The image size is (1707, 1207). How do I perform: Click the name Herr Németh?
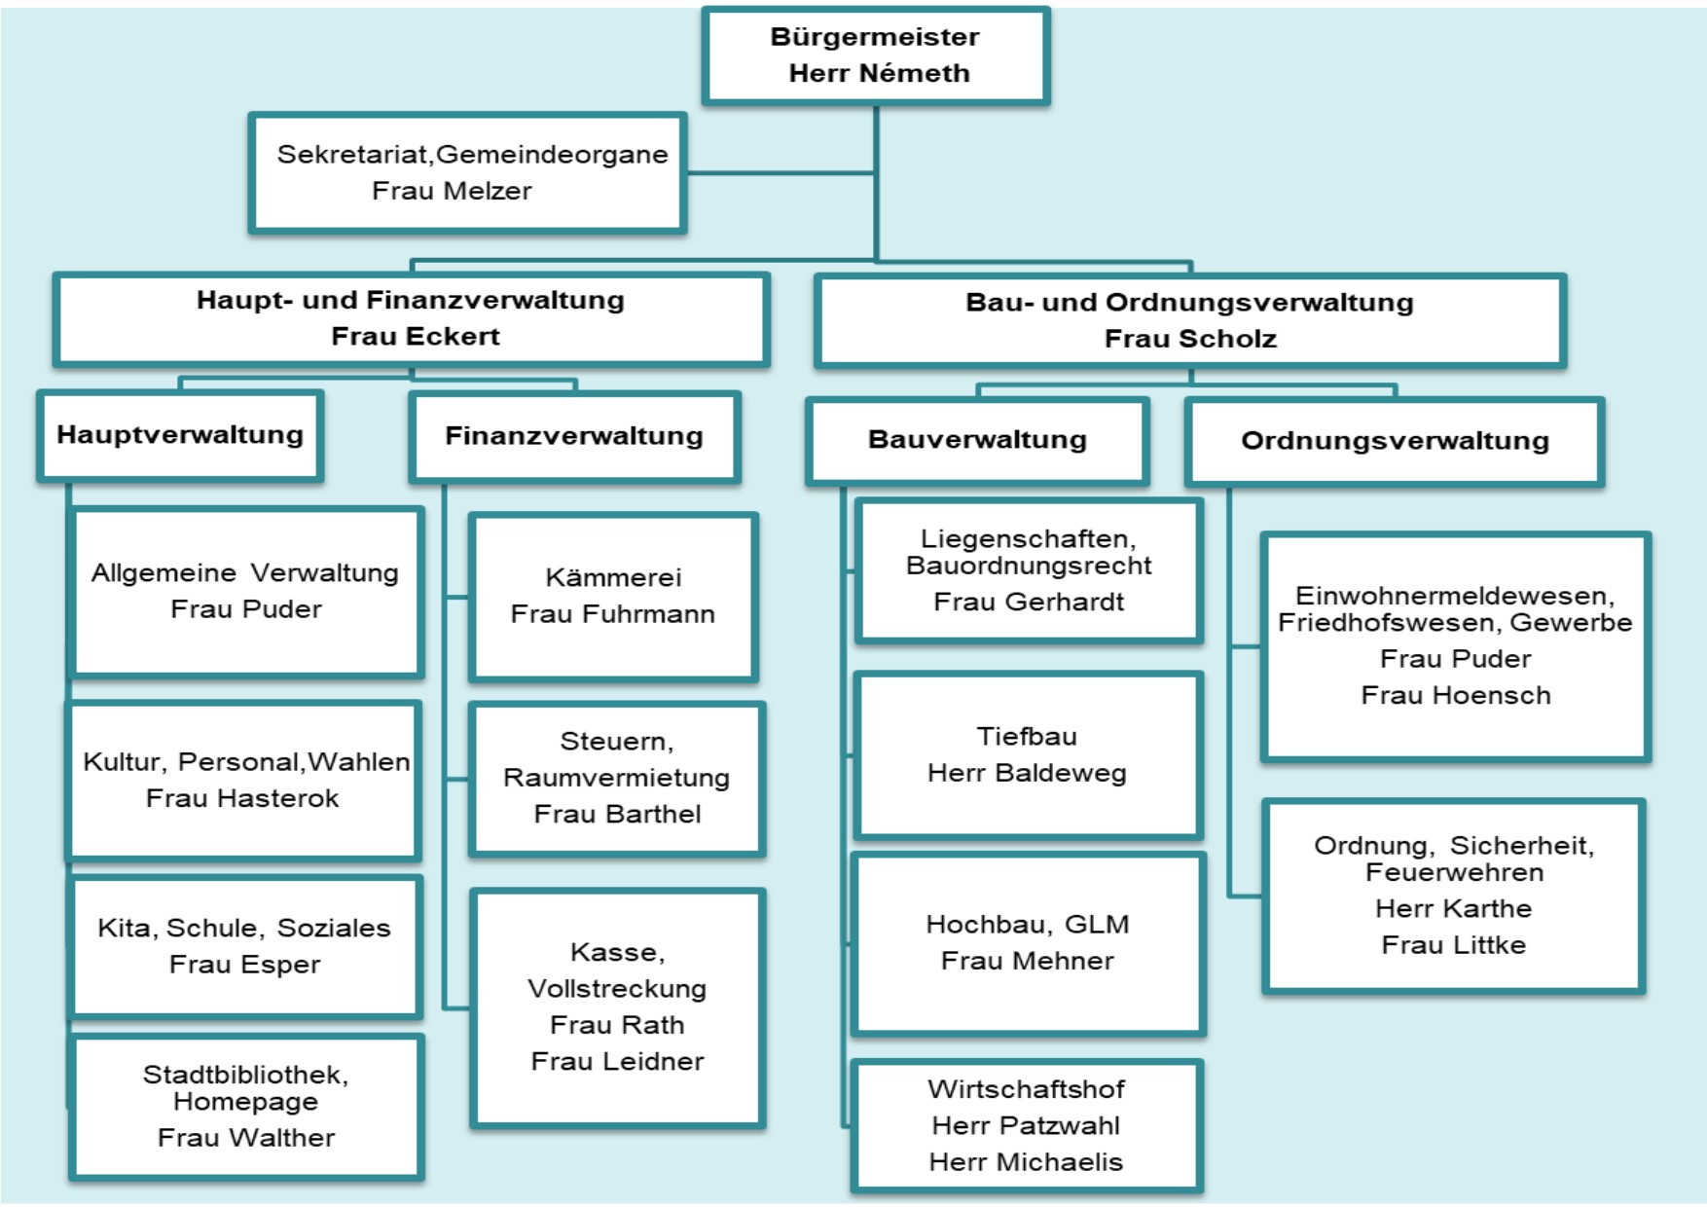tap(879, 74)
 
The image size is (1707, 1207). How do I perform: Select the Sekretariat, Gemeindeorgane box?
tap(468, 173)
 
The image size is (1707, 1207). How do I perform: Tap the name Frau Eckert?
tap(415, 337)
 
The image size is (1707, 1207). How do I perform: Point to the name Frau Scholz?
tap(1190, 339)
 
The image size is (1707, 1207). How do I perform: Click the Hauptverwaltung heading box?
tap(180, 435)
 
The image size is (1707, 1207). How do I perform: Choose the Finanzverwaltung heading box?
tap(574, 436)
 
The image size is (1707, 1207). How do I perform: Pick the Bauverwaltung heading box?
tap(977, 440)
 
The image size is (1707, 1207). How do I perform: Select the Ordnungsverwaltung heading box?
tap(1395, 441)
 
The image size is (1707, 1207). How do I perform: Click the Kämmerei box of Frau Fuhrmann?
tap(613, 597)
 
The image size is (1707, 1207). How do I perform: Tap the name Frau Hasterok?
tap(242, 799)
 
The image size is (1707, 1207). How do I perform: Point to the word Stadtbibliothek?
tap(245, 1075)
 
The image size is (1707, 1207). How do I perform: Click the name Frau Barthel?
tap(617, 815)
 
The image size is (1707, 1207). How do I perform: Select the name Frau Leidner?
tap(617, 1062)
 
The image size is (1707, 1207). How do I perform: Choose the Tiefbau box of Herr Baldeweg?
tap(1028, 755)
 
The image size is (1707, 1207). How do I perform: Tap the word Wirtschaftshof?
tap(1026, 1089)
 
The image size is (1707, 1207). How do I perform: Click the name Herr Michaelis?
tap(1026, 1162)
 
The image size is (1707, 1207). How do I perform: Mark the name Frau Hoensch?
tap(1456, 696)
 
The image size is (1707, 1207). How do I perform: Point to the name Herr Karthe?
tap(1454, 909)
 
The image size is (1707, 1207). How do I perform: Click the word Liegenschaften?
tap(1028, 539)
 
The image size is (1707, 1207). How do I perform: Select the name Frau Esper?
tap(244, 966)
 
